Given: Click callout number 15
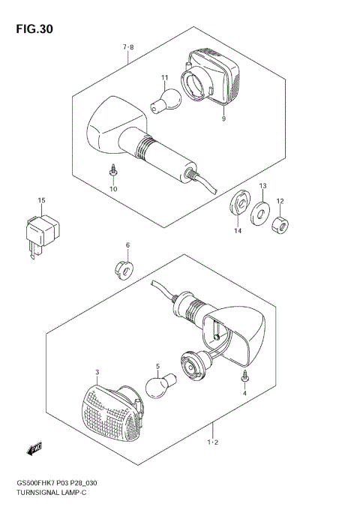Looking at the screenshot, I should pyautogui.click(x=42, y=200).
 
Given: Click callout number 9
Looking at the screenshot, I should pyautogui.click(x=223, y=118).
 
